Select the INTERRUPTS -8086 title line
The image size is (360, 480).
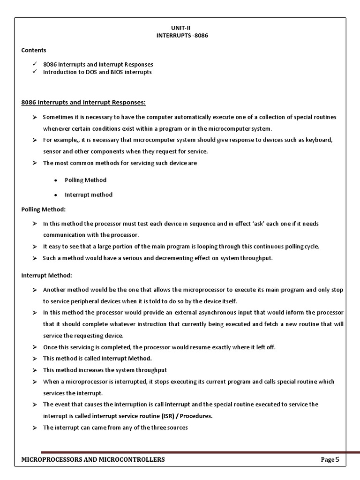(182, 36)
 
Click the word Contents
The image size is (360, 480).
(34, 50)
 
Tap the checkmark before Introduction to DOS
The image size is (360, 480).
(34, 72)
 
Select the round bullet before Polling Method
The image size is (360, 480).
(56, 180)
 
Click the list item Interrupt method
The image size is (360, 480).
(89, 195)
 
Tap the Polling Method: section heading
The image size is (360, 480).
(44, 209)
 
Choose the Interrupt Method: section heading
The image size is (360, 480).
(46, 275)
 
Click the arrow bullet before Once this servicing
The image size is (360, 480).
(34, 347)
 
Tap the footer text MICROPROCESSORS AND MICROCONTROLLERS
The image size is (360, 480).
(93, 459)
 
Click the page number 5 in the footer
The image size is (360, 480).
(336, 459)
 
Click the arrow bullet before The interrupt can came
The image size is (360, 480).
(34, 427)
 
